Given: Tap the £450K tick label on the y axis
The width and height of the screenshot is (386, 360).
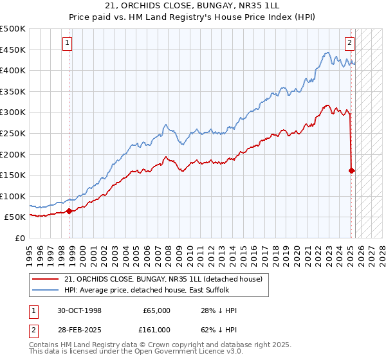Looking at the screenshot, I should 14,50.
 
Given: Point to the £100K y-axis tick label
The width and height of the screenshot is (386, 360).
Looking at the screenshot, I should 14,196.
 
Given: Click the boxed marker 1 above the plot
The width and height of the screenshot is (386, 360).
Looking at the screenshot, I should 68,44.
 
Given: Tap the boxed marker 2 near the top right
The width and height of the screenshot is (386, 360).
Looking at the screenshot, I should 349,44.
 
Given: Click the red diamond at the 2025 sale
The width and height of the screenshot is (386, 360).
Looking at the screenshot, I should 351,170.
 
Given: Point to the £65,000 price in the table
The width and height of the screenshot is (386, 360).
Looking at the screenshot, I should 156,310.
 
